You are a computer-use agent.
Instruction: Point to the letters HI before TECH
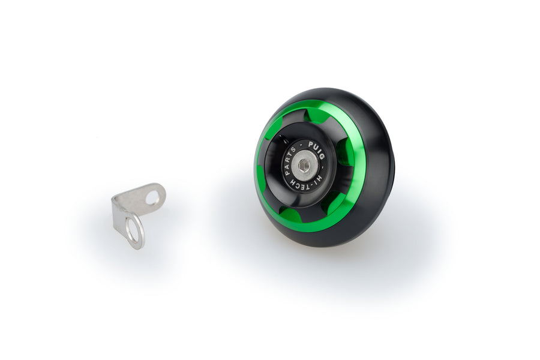pyautogui.click(x=319, y=178)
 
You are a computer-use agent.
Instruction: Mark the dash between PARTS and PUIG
pyautogui.click(x=301, y=145)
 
